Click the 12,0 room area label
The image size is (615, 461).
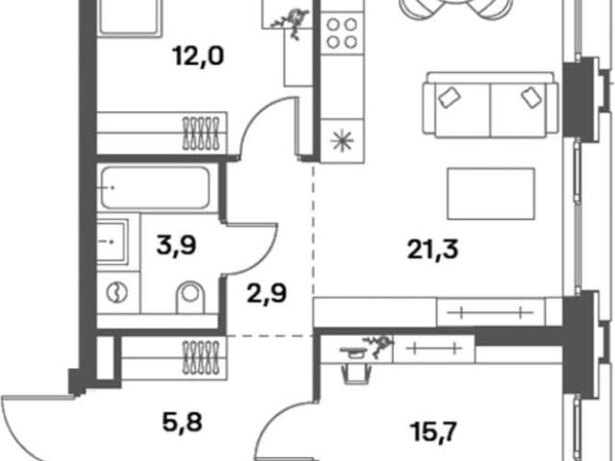[x=198, y=56]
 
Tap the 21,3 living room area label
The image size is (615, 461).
[x=432, y=249]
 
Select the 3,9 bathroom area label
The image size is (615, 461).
[x=176, y=245]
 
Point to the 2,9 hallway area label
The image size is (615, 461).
[x=267, y=293]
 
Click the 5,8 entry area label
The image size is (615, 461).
[x=182, y=423]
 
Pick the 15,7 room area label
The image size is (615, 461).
[x=432, y=431]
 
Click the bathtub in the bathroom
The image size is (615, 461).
[x=155, y=188]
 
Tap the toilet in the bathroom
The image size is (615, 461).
[x=190, y=297]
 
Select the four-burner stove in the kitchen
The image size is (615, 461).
[x=341, y=34]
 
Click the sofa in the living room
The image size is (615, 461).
[x=490, y=105]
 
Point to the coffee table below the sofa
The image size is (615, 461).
[x=491, y=194]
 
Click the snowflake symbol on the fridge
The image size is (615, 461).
[x=342, y=141]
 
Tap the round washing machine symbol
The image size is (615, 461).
[x=117, y=292]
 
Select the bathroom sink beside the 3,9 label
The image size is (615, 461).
[x=112, y=241]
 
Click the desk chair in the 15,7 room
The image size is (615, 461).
[x=357, y=373]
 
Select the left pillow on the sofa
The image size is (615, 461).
[x=450, y=97]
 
